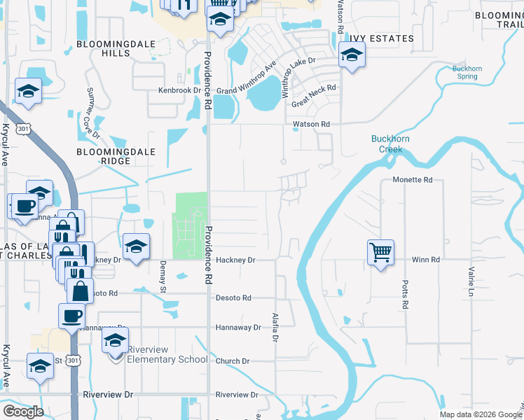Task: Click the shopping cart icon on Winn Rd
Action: pos(380,251)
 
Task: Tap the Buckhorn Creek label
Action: pos(387,143)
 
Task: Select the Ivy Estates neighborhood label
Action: pos(383,38)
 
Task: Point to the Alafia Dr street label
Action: pos(275,326)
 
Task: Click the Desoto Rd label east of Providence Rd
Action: pos(233,297)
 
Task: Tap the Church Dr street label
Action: pos(233,361)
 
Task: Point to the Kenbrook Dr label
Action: pos(179,90)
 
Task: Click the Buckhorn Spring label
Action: pos(467,73)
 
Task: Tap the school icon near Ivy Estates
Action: pos(351,55)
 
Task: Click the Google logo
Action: pos(23,412)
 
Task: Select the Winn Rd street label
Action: pos(425,260)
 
